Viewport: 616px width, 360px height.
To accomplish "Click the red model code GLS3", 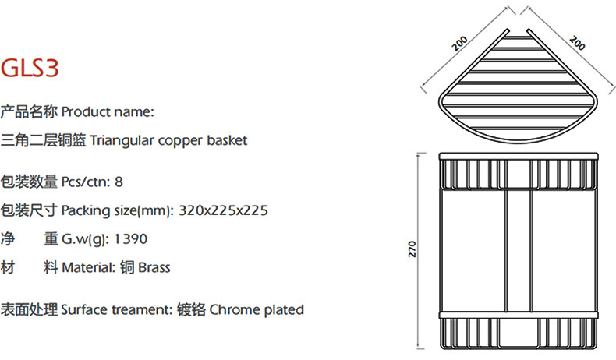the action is [x=30, y=69].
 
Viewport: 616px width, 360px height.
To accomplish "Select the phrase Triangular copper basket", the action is [x=168, y=140].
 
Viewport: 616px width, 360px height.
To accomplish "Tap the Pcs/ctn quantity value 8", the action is [x=119, y=182].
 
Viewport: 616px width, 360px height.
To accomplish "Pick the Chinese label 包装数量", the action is [x=29, y=182].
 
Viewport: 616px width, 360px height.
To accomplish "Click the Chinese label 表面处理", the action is [x=29, y=309].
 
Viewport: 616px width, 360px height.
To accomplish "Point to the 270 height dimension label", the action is [x=413, y=249].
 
